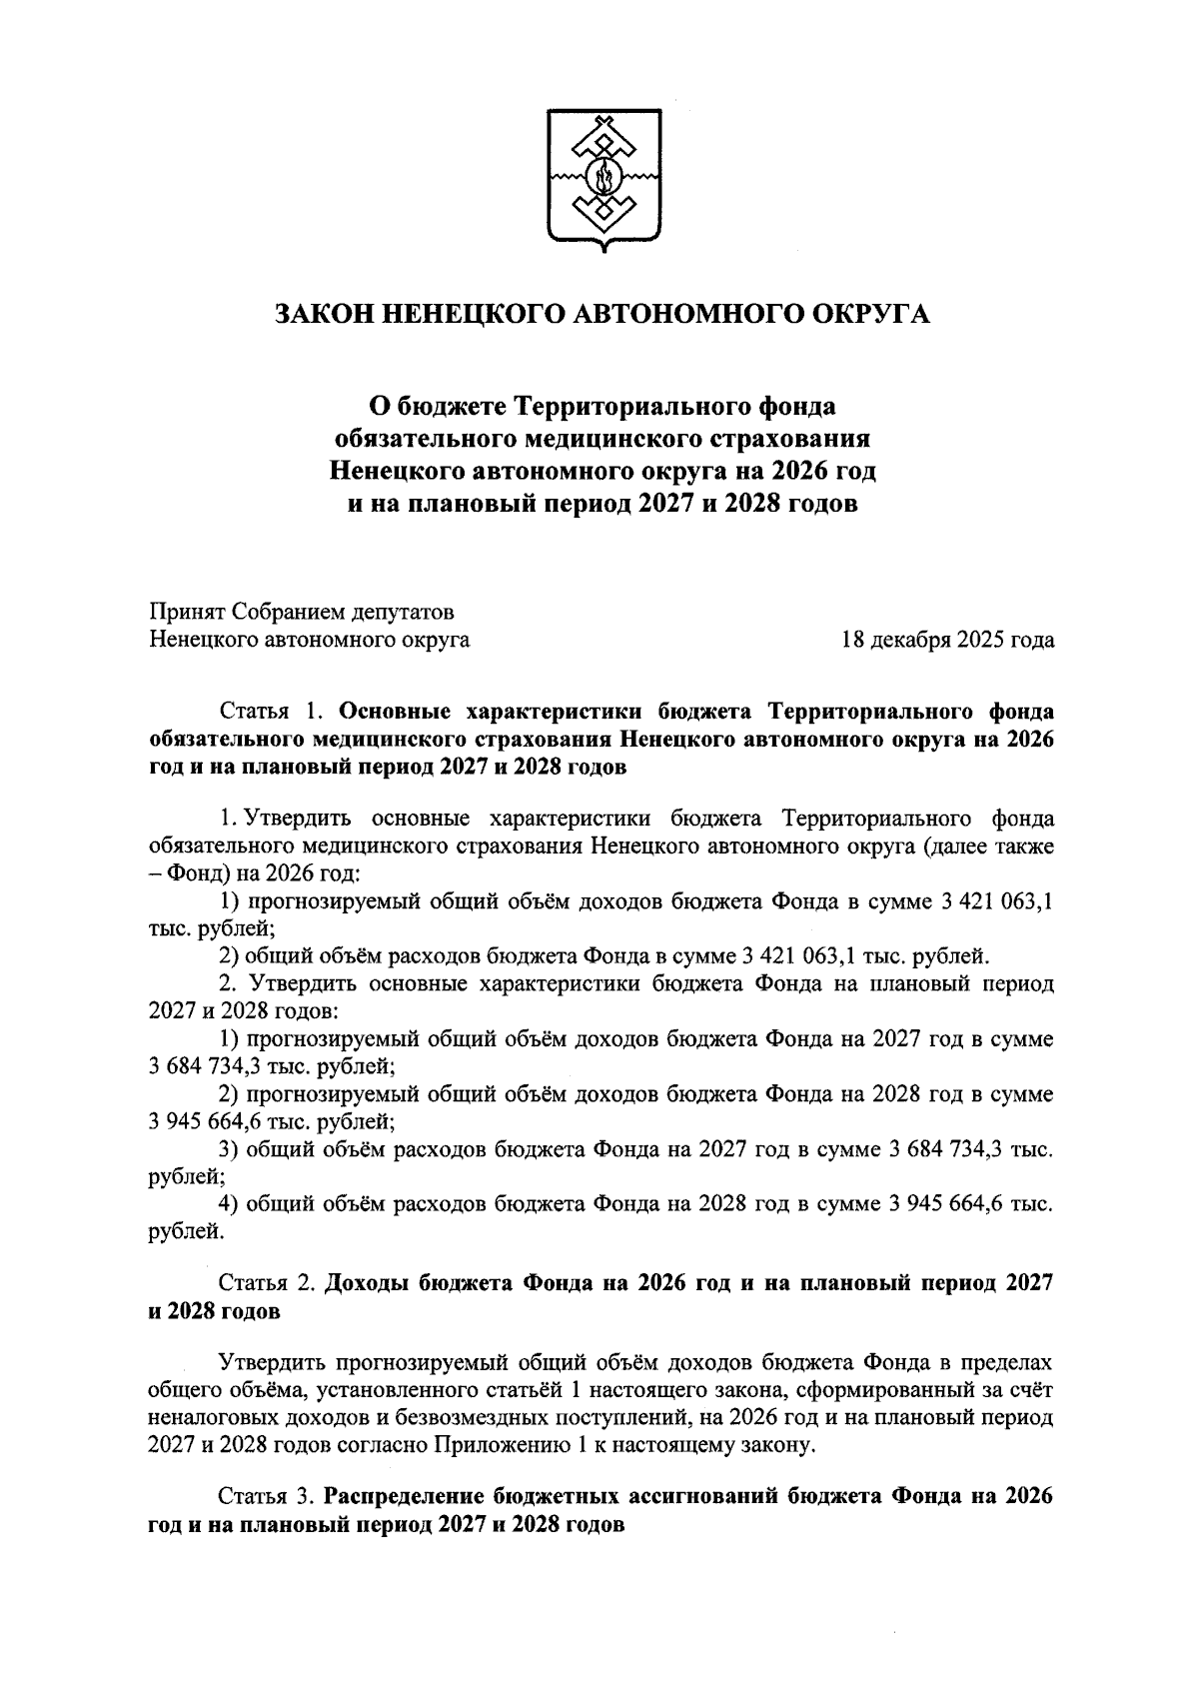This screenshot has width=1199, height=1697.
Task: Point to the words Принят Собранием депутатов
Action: tap(301, 611)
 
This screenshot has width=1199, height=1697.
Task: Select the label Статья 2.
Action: tap(267, 1283)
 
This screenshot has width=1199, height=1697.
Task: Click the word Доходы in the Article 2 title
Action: tap(369, 1283)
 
